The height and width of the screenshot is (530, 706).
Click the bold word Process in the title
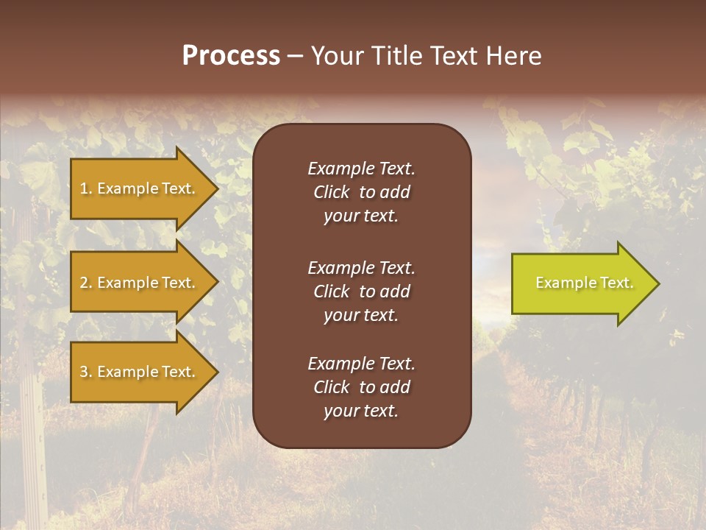[231, 56]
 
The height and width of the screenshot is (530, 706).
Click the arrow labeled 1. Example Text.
[140, 188]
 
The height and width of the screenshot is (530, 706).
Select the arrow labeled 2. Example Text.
[140, 283]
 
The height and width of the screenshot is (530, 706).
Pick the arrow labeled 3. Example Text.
[140, 372]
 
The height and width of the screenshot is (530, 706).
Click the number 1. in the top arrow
[86, 188]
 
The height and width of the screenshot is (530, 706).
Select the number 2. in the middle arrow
[86, 283]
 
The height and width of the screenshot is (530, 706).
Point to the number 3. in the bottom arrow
[86, 372]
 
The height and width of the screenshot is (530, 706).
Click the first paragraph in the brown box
[361, 192]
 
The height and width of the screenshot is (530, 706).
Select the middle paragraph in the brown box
[361, 291]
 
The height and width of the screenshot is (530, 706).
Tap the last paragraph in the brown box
[361, 387]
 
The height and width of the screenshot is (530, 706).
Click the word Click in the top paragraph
[331, 192]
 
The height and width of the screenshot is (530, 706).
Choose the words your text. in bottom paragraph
[361, 411]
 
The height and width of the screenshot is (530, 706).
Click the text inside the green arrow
[584, 283]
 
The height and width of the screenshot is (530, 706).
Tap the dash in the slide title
[295, 56]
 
